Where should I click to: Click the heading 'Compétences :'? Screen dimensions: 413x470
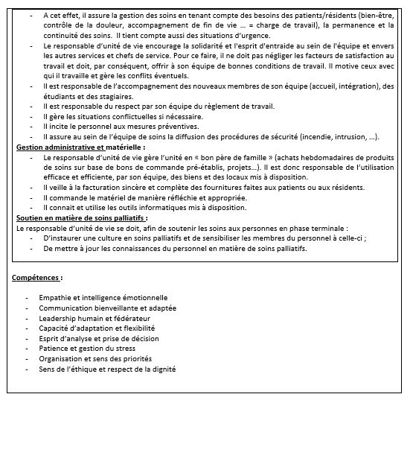point(37,278)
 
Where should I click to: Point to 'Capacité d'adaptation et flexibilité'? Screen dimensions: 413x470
point(97,328)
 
